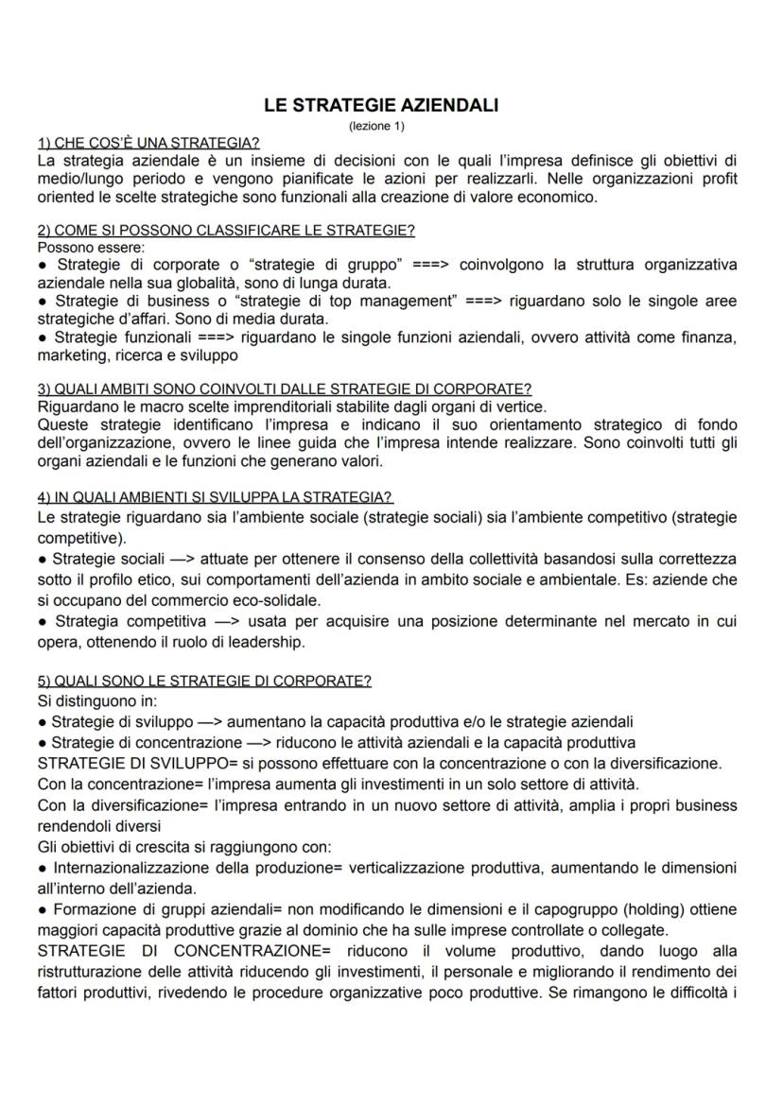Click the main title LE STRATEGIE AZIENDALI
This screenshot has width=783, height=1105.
coord(381,106)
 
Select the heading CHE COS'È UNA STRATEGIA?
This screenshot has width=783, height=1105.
coord(148,143)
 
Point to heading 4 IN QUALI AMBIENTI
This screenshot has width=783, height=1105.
coord(215,497)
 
